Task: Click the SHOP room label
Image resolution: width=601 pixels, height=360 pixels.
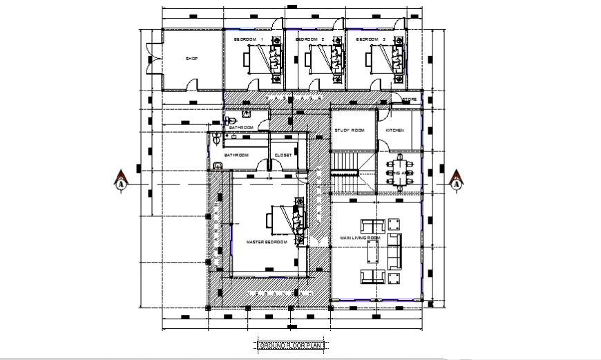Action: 191,59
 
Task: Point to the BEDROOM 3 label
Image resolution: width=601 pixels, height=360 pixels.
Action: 370,40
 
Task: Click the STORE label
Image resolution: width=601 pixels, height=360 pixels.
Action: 410,100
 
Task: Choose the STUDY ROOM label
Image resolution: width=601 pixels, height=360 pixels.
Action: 350,131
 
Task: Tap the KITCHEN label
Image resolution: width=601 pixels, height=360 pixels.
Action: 394,131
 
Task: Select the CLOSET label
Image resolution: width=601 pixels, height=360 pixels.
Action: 283,155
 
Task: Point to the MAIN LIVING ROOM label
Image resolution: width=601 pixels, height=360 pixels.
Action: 360,238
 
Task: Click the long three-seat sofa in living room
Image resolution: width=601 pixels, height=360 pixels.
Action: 394,251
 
